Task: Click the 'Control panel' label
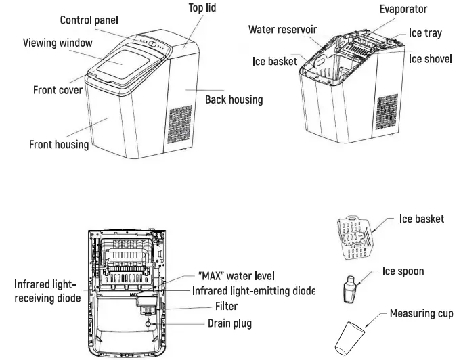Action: click(x=89, y=20)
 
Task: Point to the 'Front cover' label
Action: click(x=58, y=90)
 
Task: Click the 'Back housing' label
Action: click(x=234, y=99)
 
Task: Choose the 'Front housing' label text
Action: click(x=59, y=144)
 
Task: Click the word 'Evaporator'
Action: click(x=403, y=9)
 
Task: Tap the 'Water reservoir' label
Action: click(x=282, y=30)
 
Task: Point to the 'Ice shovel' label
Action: click(x=430, y=59)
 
